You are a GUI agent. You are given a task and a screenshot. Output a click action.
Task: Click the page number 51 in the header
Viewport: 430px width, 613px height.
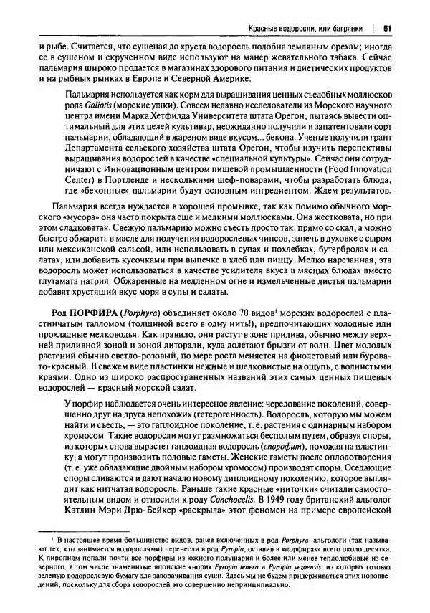pos(387,29)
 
